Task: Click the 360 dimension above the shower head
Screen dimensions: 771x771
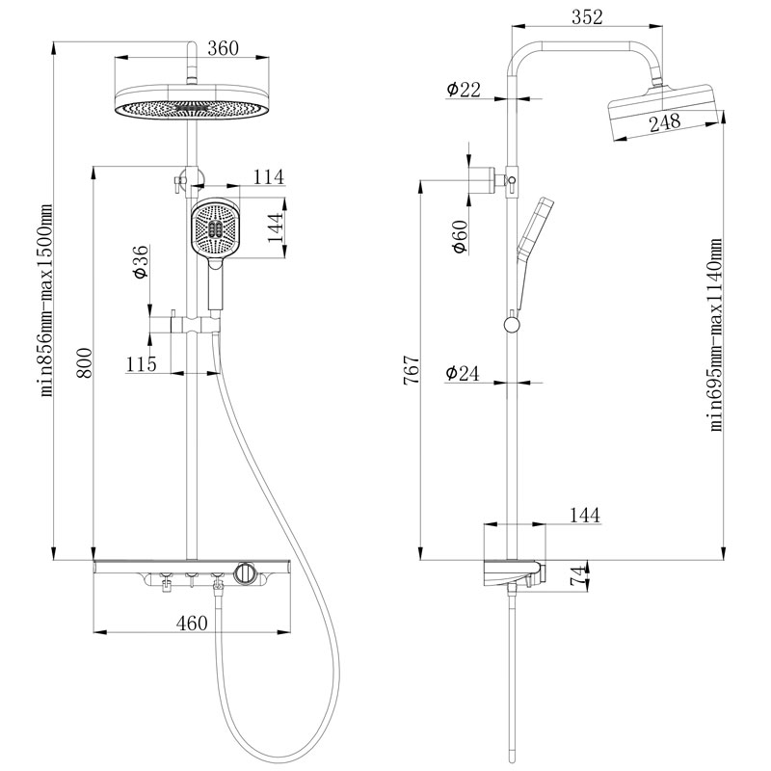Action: [x=223, y=48]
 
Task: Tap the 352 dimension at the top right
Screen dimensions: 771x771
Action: [x=587, y=16]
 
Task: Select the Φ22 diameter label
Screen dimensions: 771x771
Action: [x=464, y=89]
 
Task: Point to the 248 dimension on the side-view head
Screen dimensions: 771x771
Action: [x=665, y=122]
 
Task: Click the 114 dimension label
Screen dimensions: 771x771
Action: [x=269, y=176]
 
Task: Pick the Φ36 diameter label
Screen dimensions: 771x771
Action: [x=140, y=261]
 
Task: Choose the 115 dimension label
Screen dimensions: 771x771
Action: [x=141, y=364]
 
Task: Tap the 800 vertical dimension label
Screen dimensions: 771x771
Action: [x=84, y=363]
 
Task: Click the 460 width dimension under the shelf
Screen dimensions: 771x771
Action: [x=192, y=623]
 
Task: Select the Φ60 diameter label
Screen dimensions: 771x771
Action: [x=460, y=236]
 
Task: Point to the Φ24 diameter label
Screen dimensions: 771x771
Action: [x=463, y=373]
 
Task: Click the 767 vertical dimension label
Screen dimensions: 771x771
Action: [x=412, y=369]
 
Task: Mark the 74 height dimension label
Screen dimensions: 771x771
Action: [x=579, y=575]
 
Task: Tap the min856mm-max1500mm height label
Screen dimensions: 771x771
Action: [x=45, y=301]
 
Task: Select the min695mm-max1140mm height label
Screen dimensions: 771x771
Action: [x=715, y=334]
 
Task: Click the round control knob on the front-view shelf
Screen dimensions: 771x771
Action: [x=245, y=572]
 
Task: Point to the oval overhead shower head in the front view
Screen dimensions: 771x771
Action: [x=192, y=102]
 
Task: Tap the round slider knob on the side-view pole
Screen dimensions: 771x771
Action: [x=512, y=324]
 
